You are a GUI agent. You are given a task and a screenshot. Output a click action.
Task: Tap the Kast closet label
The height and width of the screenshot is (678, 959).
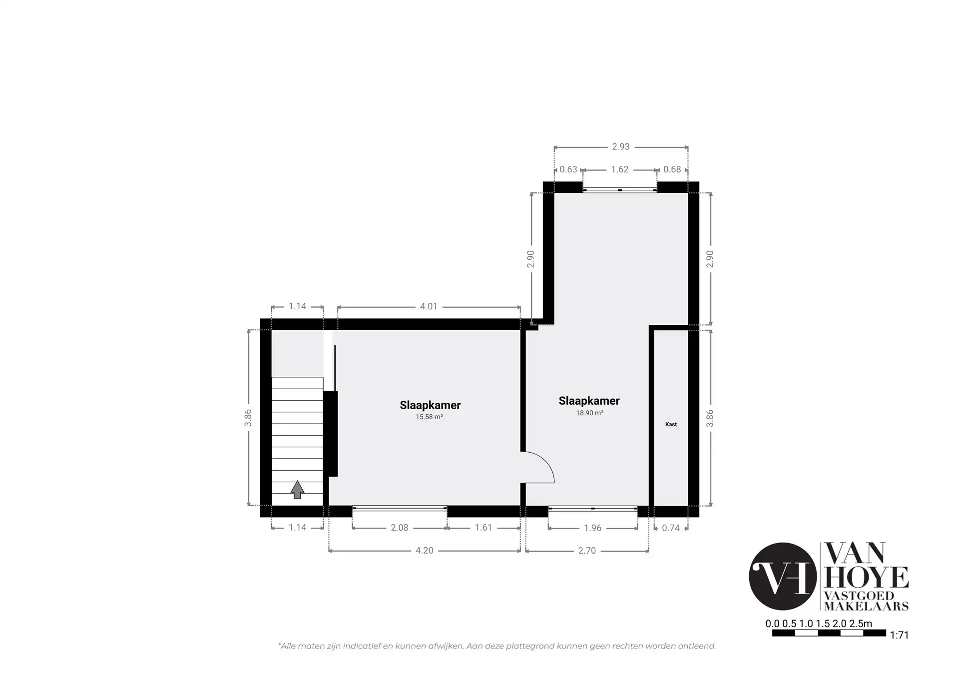pyautogui.click(x=671, y=424)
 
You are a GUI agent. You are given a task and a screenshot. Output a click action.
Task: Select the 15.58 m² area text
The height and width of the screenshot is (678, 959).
pyautogui.click(x=429, y=417)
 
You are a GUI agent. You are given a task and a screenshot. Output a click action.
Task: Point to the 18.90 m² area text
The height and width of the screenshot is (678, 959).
pyautogui.click(x=589, y=413)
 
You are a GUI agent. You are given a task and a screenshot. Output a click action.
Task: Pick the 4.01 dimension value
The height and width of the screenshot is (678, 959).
pyautogui.click(x=429, y=306)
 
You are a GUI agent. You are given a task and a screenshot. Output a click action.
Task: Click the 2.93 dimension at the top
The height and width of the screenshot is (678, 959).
pyautogui.click(x=621, y=146)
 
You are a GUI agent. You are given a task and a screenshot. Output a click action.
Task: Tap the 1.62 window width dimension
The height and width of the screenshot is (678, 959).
pyautogui.click(x=619, y=169)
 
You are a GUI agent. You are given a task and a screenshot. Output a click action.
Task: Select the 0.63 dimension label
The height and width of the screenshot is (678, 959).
pyautogui.click(x=568, y=169)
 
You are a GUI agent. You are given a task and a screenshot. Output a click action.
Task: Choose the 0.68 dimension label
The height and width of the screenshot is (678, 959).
pyautogui.click(x=672, y=169)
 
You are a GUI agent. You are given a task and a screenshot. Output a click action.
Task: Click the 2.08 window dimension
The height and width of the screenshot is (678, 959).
pyautogui.click(x=400, y=527)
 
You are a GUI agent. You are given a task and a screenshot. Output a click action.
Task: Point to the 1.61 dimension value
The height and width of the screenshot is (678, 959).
pyautogui.click(x=483, y=527)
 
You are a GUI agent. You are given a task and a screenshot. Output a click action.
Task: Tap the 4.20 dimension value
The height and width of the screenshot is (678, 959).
pyautogui.click(x=425, y=550)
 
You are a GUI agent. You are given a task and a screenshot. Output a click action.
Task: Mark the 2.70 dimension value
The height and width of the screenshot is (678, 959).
pyautogui.click(x=587, y=551)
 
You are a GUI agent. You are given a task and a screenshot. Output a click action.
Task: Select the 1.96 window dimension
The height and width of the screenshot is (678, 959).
pyautogui.click(x=592, y=528)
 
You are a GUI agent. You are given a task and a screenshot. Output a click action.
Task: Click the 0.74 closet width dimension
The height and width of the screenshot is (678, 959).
pyautogui.click(x=670, y=528)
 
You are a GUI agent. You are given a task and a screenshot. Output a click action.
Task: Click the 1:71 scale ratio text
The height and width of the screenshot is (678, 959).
pyautogui.click(x=899, y=635)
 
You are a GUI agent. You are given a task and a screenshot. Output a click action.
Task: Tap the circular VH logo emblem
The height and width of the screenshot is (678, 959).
pyautogui.click(x=783, y=576)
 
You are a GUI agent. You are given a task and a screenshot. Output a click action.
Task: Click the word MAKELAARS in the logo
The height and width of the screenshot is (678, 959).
pyautogui.click(x=866, y=606)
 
